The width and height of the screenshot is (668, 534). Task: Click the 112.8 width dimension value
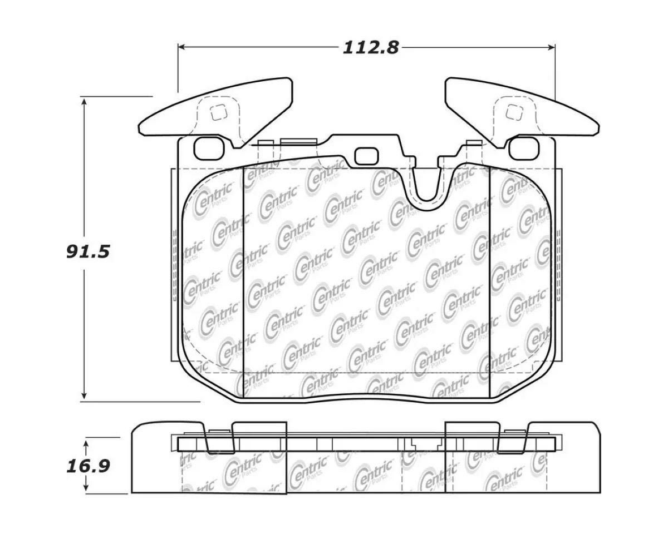point(371,48)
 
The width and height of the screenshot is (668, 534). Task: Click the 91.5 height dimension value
point(89,251)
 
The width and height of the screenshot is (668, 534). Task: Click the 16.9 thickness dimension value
point(89,467)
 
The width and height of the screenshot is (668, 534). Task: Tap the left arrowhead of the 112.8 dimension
point(181,47)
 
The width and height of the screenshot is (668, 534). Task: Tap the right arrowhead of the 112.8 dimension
point(551,47)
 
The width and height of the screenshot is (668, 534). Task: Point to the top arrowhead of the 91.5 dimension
point(83,101)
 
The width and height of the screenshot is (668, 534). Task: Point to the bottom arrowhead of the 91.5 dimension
point(83,395)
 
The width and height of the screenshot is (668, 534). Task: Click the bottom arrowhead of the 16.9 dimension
point(86,489)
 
